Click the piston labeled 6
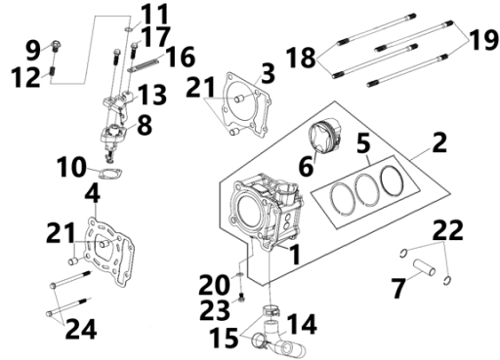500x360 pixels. (324, 136)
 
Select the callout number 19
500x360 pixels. (483, 40)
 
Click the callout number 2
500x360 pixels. (439, 142)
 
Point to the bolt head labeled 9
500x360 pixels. (57, 45)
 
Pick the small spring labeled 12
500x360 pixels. (53, 71)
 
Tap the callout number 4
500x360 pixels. (93, 194)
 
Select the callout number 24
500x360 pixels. (81, 329)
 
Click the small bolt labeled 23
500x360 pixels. (242, 298)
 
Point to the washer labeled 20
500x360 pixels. (240, 275)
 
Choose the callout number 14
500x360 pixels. (302, 324)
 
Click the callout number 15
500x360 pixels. (224, 338)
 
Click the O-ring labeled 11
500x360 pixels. (129, 29)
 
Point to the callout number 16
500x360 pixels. (180, 57)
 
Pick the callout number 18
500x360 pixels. (301, 58)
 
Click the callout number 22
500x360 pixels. (448, 229)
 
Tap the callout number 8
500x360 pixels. (145, 125)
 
